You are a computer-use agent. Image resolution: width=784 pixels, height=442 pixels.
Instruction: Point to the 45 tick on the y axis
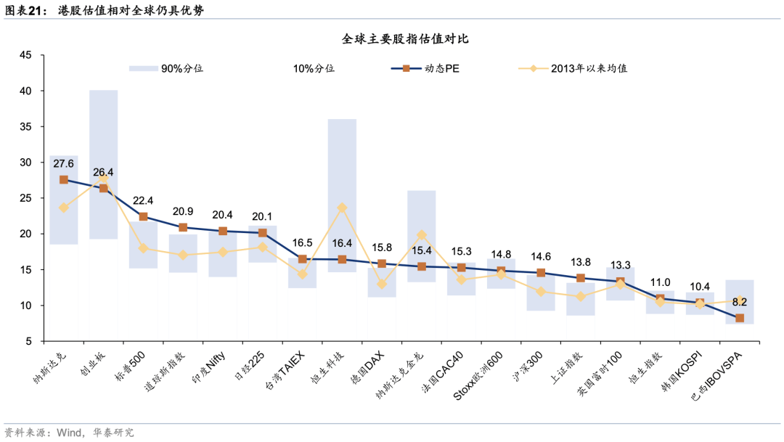25,56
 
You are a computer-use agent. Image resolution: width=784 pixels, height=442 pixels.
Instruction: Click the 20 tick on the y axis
25,234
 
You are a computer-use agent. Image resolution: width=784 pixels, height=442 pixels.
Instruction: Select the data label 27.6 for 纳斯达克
64,164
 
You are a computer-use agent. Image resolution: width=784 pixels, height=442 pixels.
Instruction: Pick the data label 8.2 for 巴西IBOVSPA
739,303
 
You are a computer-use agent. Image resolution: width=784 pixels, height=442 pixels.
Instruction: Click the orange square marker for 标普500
144,217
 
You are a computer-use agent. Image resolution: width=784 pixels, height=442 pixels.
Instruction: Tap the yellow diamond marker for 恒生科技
342,208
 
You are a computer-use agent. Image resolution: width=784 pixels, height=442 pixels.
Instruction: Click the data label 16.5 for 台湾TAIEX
302,243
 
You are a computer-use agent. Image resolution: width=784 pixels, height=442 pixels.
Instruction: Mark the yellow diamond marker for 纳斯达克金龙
422,235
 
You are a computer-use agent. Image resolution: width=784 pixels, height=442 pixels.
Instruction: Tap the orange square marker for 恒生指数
660,299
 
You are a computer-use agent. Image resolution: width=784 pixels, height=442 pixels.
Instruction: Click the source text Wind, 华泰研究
94,433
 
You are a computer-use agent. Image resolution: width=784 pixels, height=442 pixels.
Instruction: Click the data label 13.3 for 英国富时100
620,266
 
